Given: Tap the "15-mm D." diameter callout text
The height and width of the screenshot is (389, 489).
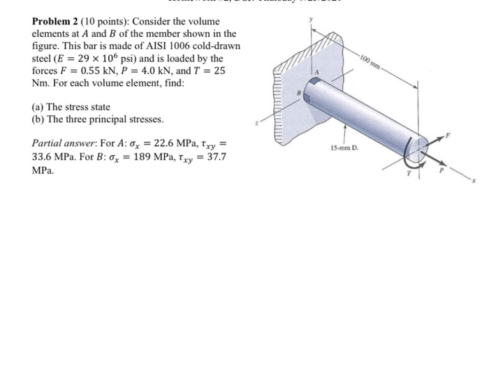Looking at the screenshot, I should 345,149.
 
